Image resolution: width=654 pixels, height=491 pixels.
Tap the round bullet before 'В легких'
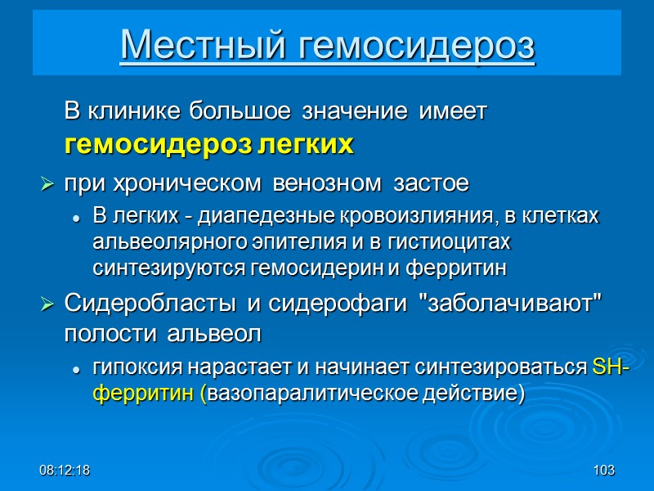click(x=76, y=218)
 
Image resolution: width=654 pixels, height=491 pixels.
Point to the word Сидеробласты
click(x=151, y=304)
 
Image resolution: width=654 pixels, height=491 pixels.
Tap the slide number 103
click(x=604, y=471)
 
